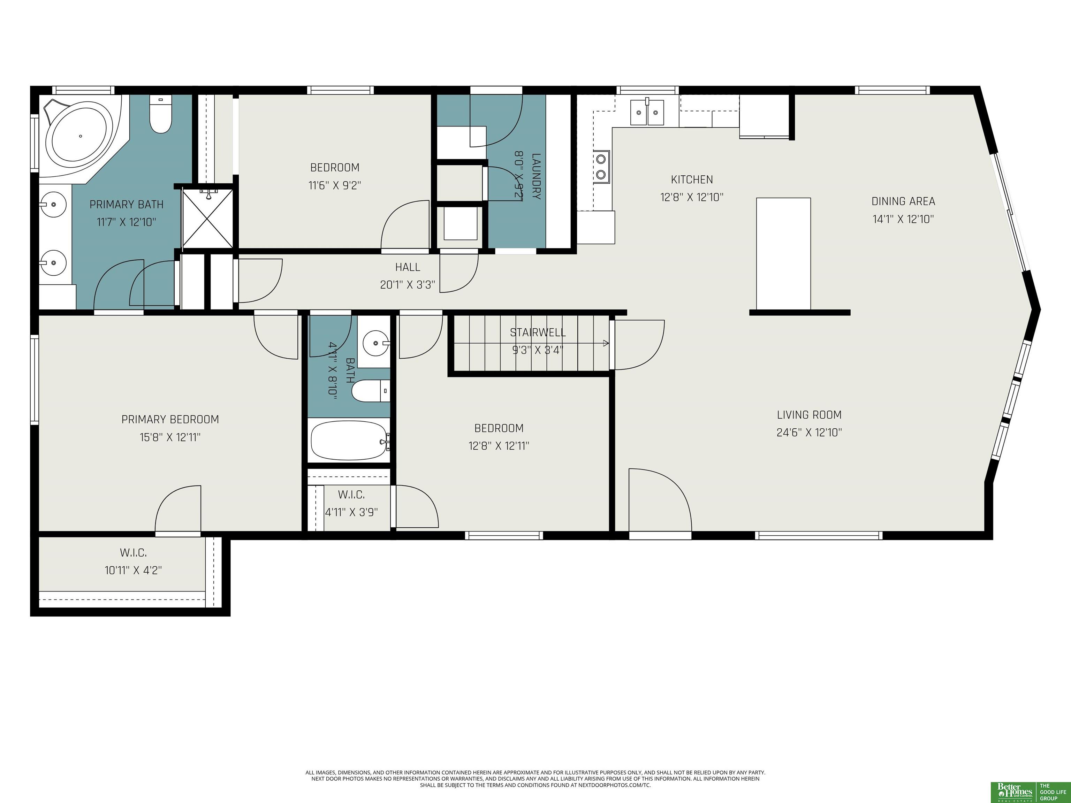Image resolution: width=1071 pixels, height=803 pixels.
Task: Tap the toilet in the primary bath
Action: point(161,114)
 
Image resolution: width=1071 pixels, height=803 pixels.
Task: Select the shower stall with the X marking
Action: point(207,218)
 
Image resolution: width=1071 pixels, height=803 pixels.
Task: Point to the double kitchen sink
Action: point(647,112)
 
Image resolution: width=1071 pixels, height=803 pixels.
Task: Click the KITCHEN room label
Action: point(692,179)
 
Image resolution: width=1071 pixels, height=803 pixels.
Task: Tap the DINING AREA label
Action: point(903,201)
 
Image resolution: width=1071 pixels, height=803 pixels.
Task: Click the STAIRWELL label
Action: point(538,332)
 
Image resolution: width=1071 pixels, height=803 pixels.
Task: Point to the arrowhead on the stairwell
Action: point(606,343)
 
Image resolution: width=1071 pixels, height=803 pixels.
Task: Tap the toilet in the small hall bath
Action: point(370,391)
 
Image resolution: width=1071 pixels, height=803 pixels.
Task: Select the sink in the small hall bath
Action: point(376,344)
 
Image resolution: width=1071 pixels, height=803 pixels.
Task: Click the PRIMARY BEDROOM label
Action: point(170,420)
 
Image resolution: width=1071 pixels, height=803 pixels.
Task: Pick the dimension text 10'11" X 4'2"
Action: point(133,570)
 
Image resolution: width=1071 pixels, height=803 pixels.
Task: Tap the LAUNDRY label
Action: point(536,176)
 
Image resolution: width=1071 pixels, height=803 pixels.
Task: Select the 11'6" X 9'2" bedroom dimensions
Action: point(335,185)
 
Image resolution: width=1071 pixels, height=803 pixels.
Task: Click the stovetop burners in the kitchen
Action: point(602,166)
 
